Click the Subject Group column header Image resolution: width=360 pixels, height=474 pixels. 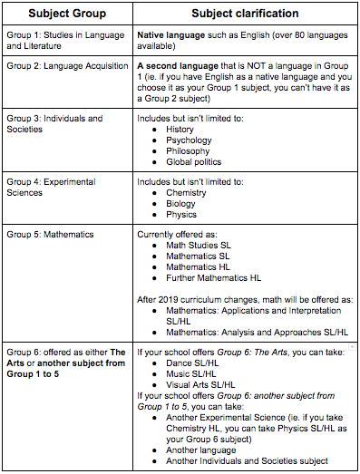click(x=67, y=15)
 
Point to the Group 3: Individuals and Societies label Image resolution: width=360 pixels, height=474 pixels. click(x=54, y=124)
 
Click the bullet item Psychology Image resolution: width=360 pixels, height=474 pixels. click(x=189, y=140)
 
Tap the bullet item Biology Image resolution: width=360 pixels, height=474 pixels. click(x=181, y=203)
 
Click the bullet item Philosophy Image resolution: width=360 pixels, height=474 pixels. click(x=190, y=151)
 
